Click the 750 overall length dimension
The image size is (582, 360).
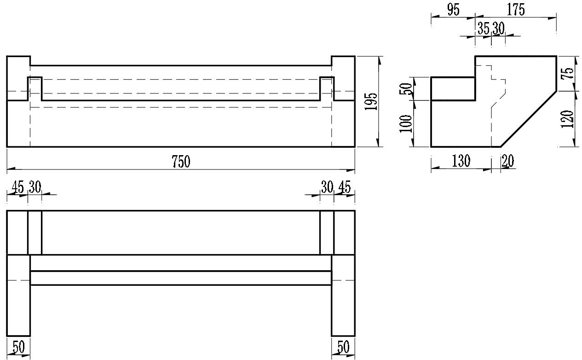(181, 162)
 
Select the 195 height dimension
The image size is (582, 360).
(372, 102)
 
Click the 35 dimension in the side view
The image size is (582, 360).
(483, 29)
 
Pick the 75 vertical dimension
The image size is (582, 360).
(569, 73)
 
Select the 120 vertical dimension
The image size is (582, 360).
(569, 119)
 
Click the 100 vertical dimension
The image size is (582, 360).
(406, 123)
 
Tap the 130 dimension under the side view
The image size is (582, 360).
(461, 161)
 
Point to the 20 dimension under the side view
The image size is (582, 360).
(507, 161)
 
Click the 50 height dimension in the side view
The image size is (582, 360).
(406, 88)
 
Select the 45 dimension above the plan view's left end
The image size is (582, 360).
(17, 187)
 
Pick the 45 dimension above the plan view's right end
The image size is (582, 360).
(344, 187)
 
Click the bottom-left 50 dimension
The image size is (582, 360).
(18, 347)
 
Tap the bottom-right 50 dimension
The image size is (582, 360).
(343, 347)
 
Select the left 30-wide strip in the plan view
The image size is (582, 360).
(35, 232)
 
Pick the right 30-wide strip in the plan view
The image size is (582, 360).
(327, 232)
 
